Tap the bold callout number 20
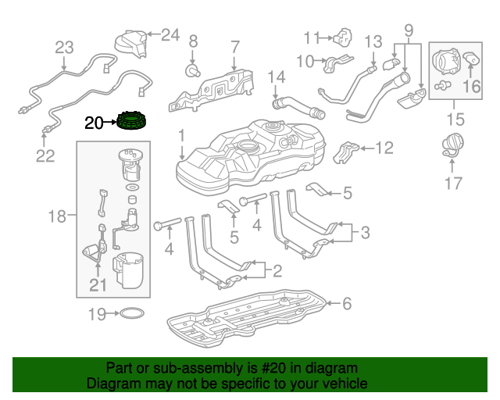[x=94, y=123]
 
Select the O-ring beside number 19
[x=131, y=315]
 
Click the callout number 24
[x=170, y=34]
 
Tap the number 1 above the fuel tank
[x=182, y=135]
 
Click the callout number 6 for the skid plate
[x=348, y=303]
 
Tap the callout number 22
[x=45, y=155]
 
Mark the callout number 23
[x=63, y=48]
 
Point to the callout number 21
[x=97, y=286]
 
